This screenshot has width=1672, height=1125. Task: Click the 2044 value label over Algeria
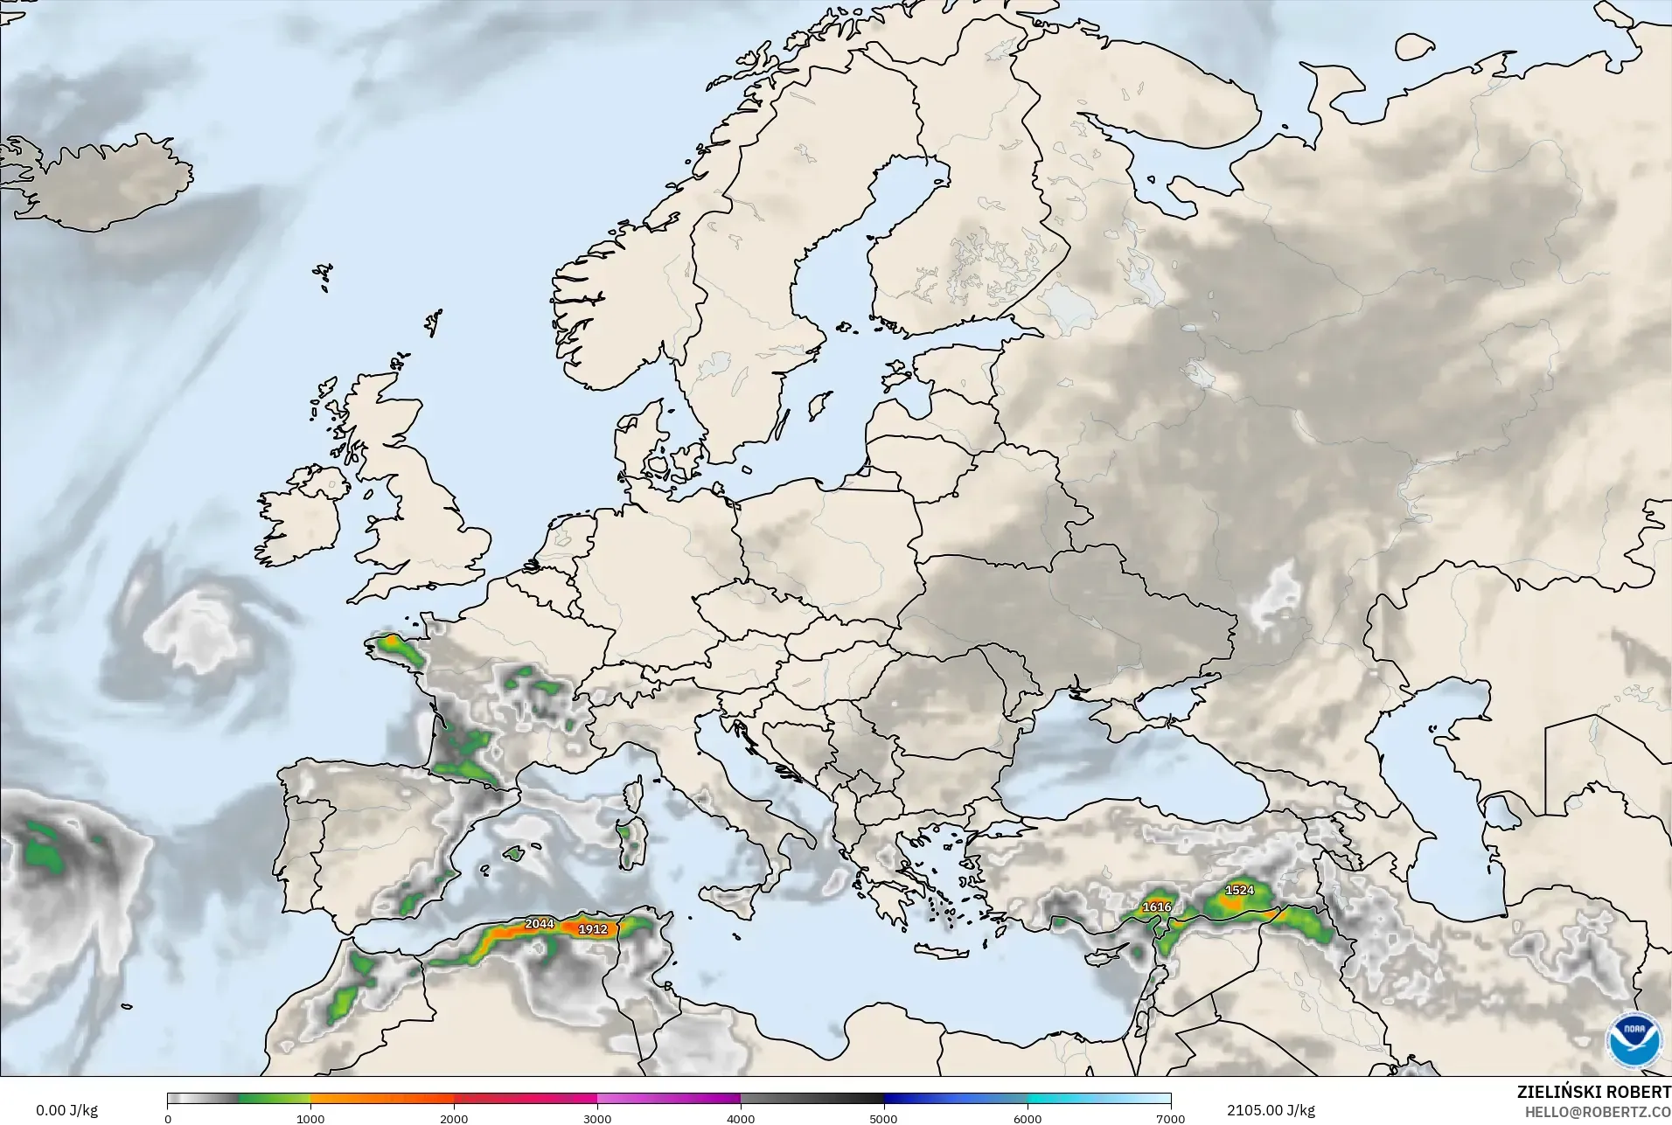(x=539, y=923)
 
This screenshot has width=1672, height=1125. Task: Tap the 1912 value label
(x=592, y=929)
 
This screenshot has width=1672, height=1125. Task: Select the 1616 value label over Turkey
(x=1156, y=906)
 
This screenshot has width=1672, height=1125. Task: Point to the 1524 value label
(x=1239, y=890)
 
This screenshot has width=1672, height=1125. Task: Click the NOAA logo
(x=1632, y=1040)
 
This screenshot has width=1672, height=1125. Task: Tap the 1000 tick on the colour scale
(x=310, y=1118)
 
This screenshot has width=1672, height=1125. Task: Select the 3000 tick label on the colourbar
(x=597, y=1118)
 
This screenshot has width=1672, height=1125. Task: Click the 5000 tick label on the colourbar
(x=884, y=1118)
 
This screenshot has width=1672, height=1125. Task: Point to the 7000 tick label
(x=1170, y=1118)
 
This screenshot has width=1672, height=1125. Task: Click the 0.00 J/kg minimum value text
(x=66, y=1110)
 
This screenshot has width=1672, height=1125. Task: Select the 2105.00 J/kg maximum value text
(x=1271, y=1110)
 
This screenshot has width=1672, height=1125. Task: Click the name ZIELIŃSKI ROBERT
(x=1593, y=1093)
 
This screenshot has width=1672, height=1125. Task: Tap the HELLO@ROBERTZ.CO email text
(x=1598, y=1112)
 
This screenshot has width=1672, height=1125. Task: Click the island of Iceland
(x=114, y=184)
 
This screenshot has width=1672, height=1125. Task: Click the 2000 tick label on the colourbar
(x=454, y=1118)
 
